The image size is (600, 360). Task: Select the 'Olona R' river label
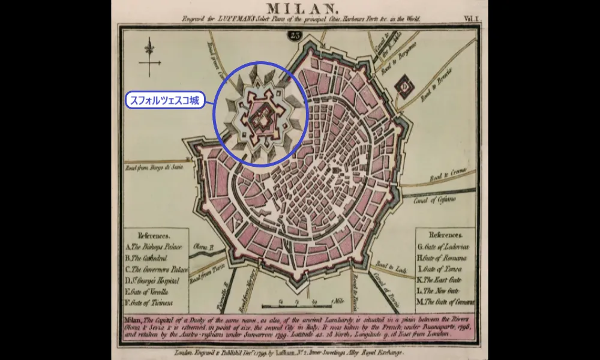point(203,247)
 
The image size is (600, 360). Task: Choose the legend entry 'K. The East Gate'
point(443,280)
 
